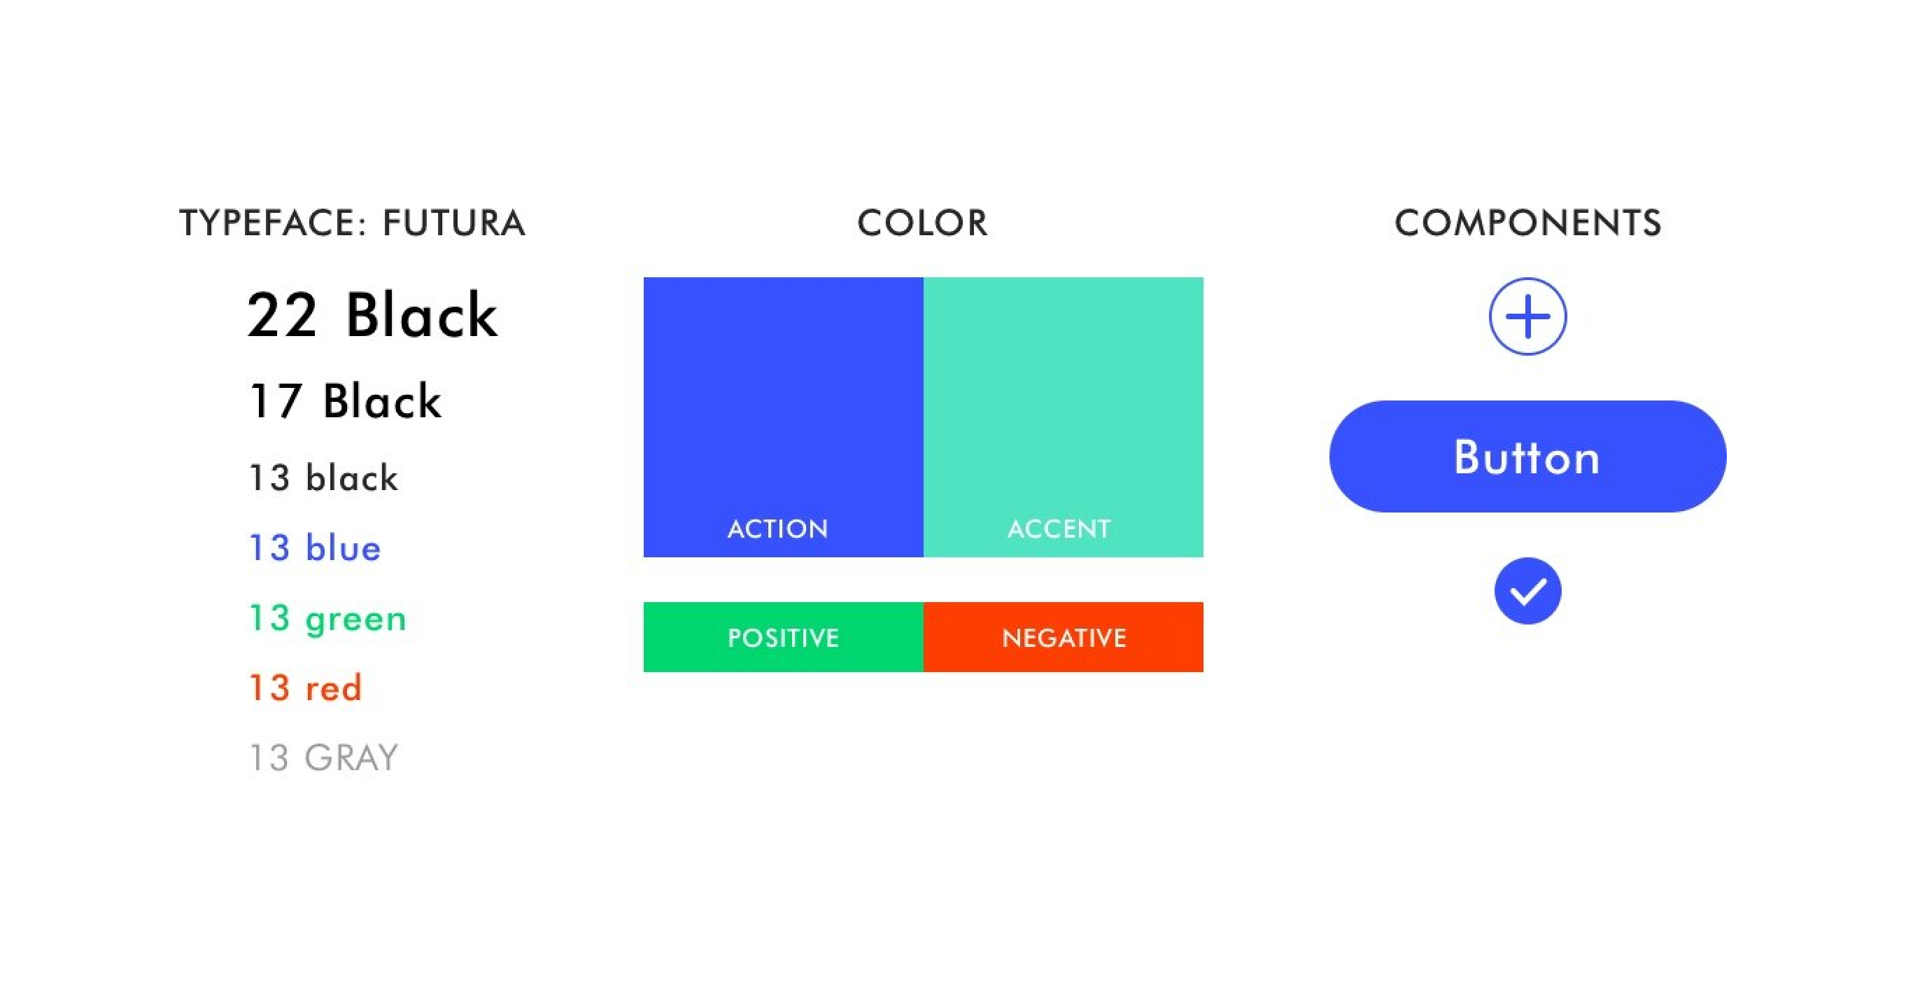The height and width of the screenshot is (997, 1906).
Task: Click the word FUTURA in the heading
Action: (453, 223)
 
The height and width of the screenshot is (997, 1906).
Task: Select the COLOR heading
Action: (922, 223)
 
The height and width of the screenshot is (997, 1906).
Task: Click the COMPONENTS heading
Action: (1528, 223)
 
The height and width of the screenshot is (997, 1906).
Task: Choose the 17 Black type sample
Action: (346, 401)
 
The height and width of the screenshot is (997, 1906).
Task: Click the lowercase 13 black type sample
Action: (324, 477)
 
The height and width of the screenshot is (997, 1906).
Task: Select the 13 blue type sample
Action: (315, 548)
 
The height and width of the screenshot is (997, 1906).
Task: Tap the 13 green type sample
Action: (327, 619)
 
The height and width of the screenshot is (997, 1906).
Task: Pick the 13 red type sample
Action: (306, 688)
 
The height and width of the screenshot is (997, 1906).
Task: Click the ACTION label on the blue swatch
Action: (777, 529)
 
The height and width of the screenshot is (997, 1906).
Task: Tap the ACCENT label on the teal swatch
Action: (1059, 529)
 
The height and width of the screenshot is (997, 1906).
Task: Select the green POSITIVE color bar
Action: (784, 637)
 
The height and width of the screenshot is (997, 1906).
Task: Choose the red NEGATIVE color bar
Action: (1064, 637)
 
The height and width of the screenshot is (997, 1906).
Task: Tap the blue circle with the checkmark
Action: (1528, 591)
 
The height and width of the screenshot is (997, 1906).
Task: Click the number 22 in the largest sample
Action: (282, 315)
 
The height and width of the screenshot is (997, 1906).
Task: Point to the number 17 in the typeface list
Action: (275, 401)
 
